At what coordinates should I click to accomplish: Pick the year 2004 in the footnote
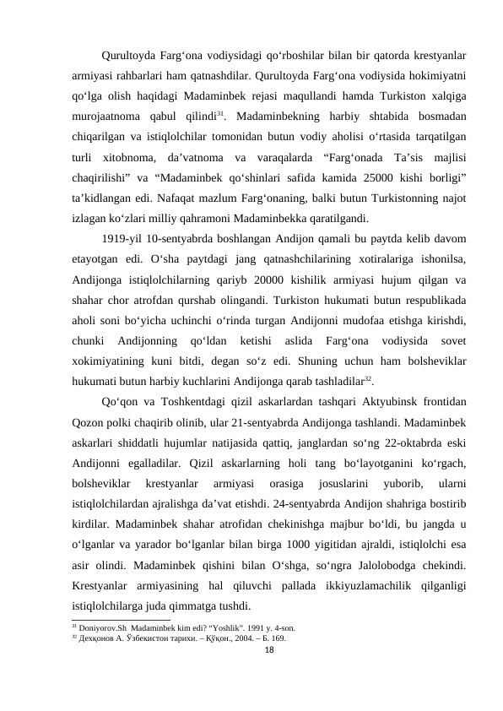click(x=225, y=638)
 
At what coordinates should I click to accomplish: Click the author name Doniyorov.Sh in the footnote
click(x=94, y=628)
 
